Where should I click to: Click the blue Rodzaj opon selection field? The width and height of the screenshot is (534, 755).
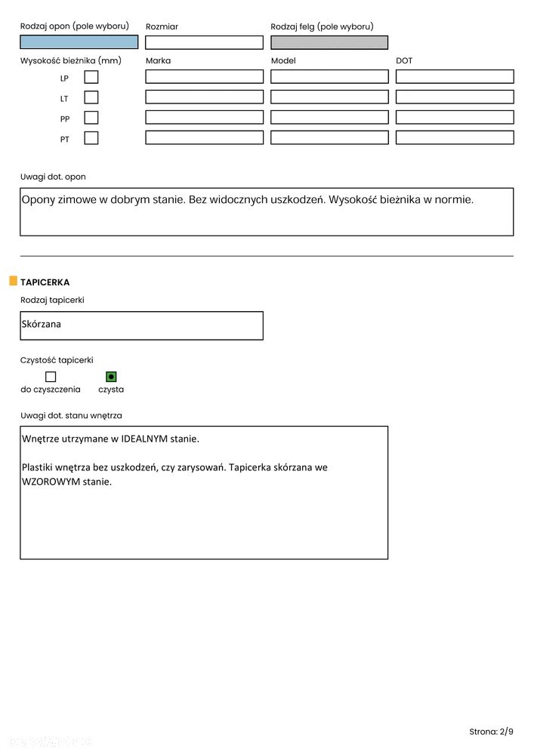[x=79, y=42]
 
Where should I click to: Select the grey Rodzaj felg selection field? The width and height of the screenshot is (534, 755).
[x=329, y=42]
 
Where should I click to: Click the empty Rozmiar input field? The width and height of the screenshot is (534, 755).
[x=204, y=42]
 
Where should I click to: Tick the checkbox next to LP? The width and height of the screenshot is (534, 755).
[x=91, y=77]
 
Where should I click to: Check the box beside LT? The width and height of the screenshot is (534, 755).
[x=91, y=97]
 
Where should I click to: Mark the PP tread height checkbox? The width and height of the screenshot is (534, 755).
[x=91, y=118]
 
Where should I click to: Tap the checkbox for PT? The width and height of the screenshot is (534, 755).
[x=91, y=138]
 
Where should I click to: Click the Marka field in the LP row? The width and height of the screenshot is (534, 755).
[x=204, y=77]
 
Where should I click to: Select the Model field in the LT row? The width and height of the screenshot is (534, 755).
[x=329, y=97]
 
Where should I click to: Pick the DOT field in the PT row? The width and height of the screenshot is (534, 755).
[x=455, y=138]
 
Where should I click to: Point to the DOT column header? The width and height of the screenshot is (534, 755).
[x=404, y=60]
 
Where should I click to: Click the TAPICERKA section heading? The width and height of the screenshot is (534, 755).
[x=45, y=282]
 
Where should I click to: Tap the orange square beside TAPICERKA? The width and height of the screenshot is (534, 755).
[x=13, y=282]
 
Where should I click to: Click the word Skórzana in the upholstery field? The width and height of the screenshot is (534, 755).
[x=42, y=325]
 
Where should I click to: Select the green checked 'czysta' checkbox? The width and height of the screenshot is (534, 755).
[x=111, y=377]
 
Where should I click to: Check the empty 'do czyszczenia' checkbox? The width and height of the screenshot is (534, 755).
[x=51, y=377]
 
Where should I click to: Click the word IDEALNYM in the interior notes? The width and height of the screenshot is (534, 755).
[x=144, y=439]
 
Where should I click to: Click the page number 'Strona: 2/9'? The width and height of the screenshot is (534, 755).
[x=491, y=732]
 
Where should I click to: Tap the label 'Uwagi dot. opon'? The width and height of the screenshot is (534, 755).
[x=53, y=177]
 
